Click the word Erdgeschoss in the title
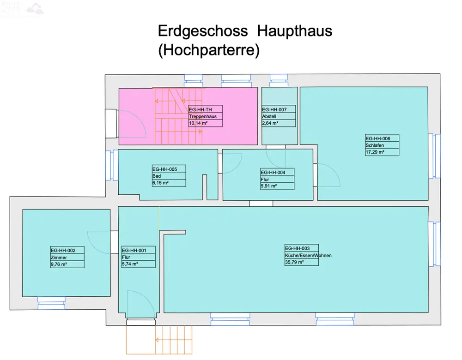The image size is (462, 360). (203, 31)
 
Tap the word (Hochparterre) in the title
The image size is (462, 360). (209, 50)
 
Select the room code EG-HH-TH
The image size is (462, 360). (201, 109)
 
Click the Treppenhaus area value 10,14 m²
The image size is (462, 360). (198, 123)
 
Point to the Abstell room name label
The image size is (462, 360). (269, 116)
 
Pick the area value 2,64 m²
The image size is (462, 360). (270, 123)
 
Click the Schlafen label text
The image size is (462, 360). (375, 145)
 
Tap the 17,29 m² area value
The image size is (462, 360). (375, 152)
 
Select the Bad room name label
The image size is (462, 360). (157, 176)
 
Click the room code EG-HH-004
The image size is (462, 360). (273, 173)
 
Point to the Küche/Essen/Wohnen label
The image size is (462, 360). (308, 255)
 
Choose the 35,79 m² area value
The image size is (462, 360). (294, 262)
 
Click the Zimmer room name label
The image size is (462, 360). (59, 257)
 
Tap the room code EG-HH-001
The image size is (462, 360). (134, 250)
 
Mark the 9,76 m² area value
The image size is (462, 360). (59, 264)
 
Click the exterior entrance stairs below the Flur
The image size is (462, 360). (159, 340)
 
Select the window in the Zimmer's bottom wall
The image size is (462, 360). (51, 303)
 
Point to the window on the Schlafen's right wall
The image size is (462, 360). (434, 156)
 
